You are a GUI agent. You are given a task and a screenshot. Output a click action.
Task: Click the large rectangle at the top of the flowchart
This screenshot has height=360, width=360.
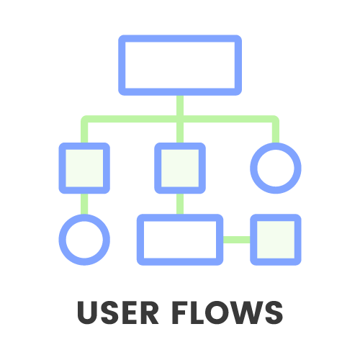180,38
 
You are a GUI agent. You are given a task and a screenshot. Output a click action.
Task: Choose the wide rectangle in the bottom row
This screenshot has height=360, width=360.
180,217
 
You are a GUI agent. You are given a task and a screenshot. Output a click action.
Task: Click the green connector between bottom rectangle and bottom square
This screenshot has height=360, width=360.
237,240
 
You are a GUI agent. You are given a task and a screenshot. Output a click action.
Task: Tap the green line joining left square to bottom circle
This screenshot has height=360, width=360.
84,204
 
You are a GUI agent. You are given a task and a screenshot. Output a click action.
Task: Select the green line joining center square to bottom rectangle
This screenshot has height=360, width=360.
180,204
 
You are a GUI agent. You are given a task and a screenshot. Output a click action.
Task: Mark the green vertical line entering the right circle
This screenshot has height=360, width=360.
276,131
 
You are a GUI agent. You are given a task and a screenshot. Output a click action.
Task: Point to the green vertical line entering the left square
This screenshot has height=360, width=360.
84,131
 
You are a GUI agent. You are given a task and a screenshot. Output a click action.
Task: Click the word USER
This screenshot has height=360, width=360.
118,312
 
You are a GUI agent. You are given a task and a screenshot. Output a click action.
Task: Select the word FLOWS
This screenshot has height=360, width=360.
228,312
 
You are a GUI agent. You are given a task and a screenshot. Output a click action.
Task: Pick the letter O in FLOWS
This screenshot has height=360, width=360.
217,312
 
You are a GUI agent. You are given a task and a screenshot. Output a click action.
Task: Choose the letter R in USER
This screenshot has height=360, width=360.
149,312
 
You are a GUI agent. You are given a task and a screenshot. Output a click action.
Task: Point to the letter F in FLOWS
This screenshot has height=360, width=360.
180,312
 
